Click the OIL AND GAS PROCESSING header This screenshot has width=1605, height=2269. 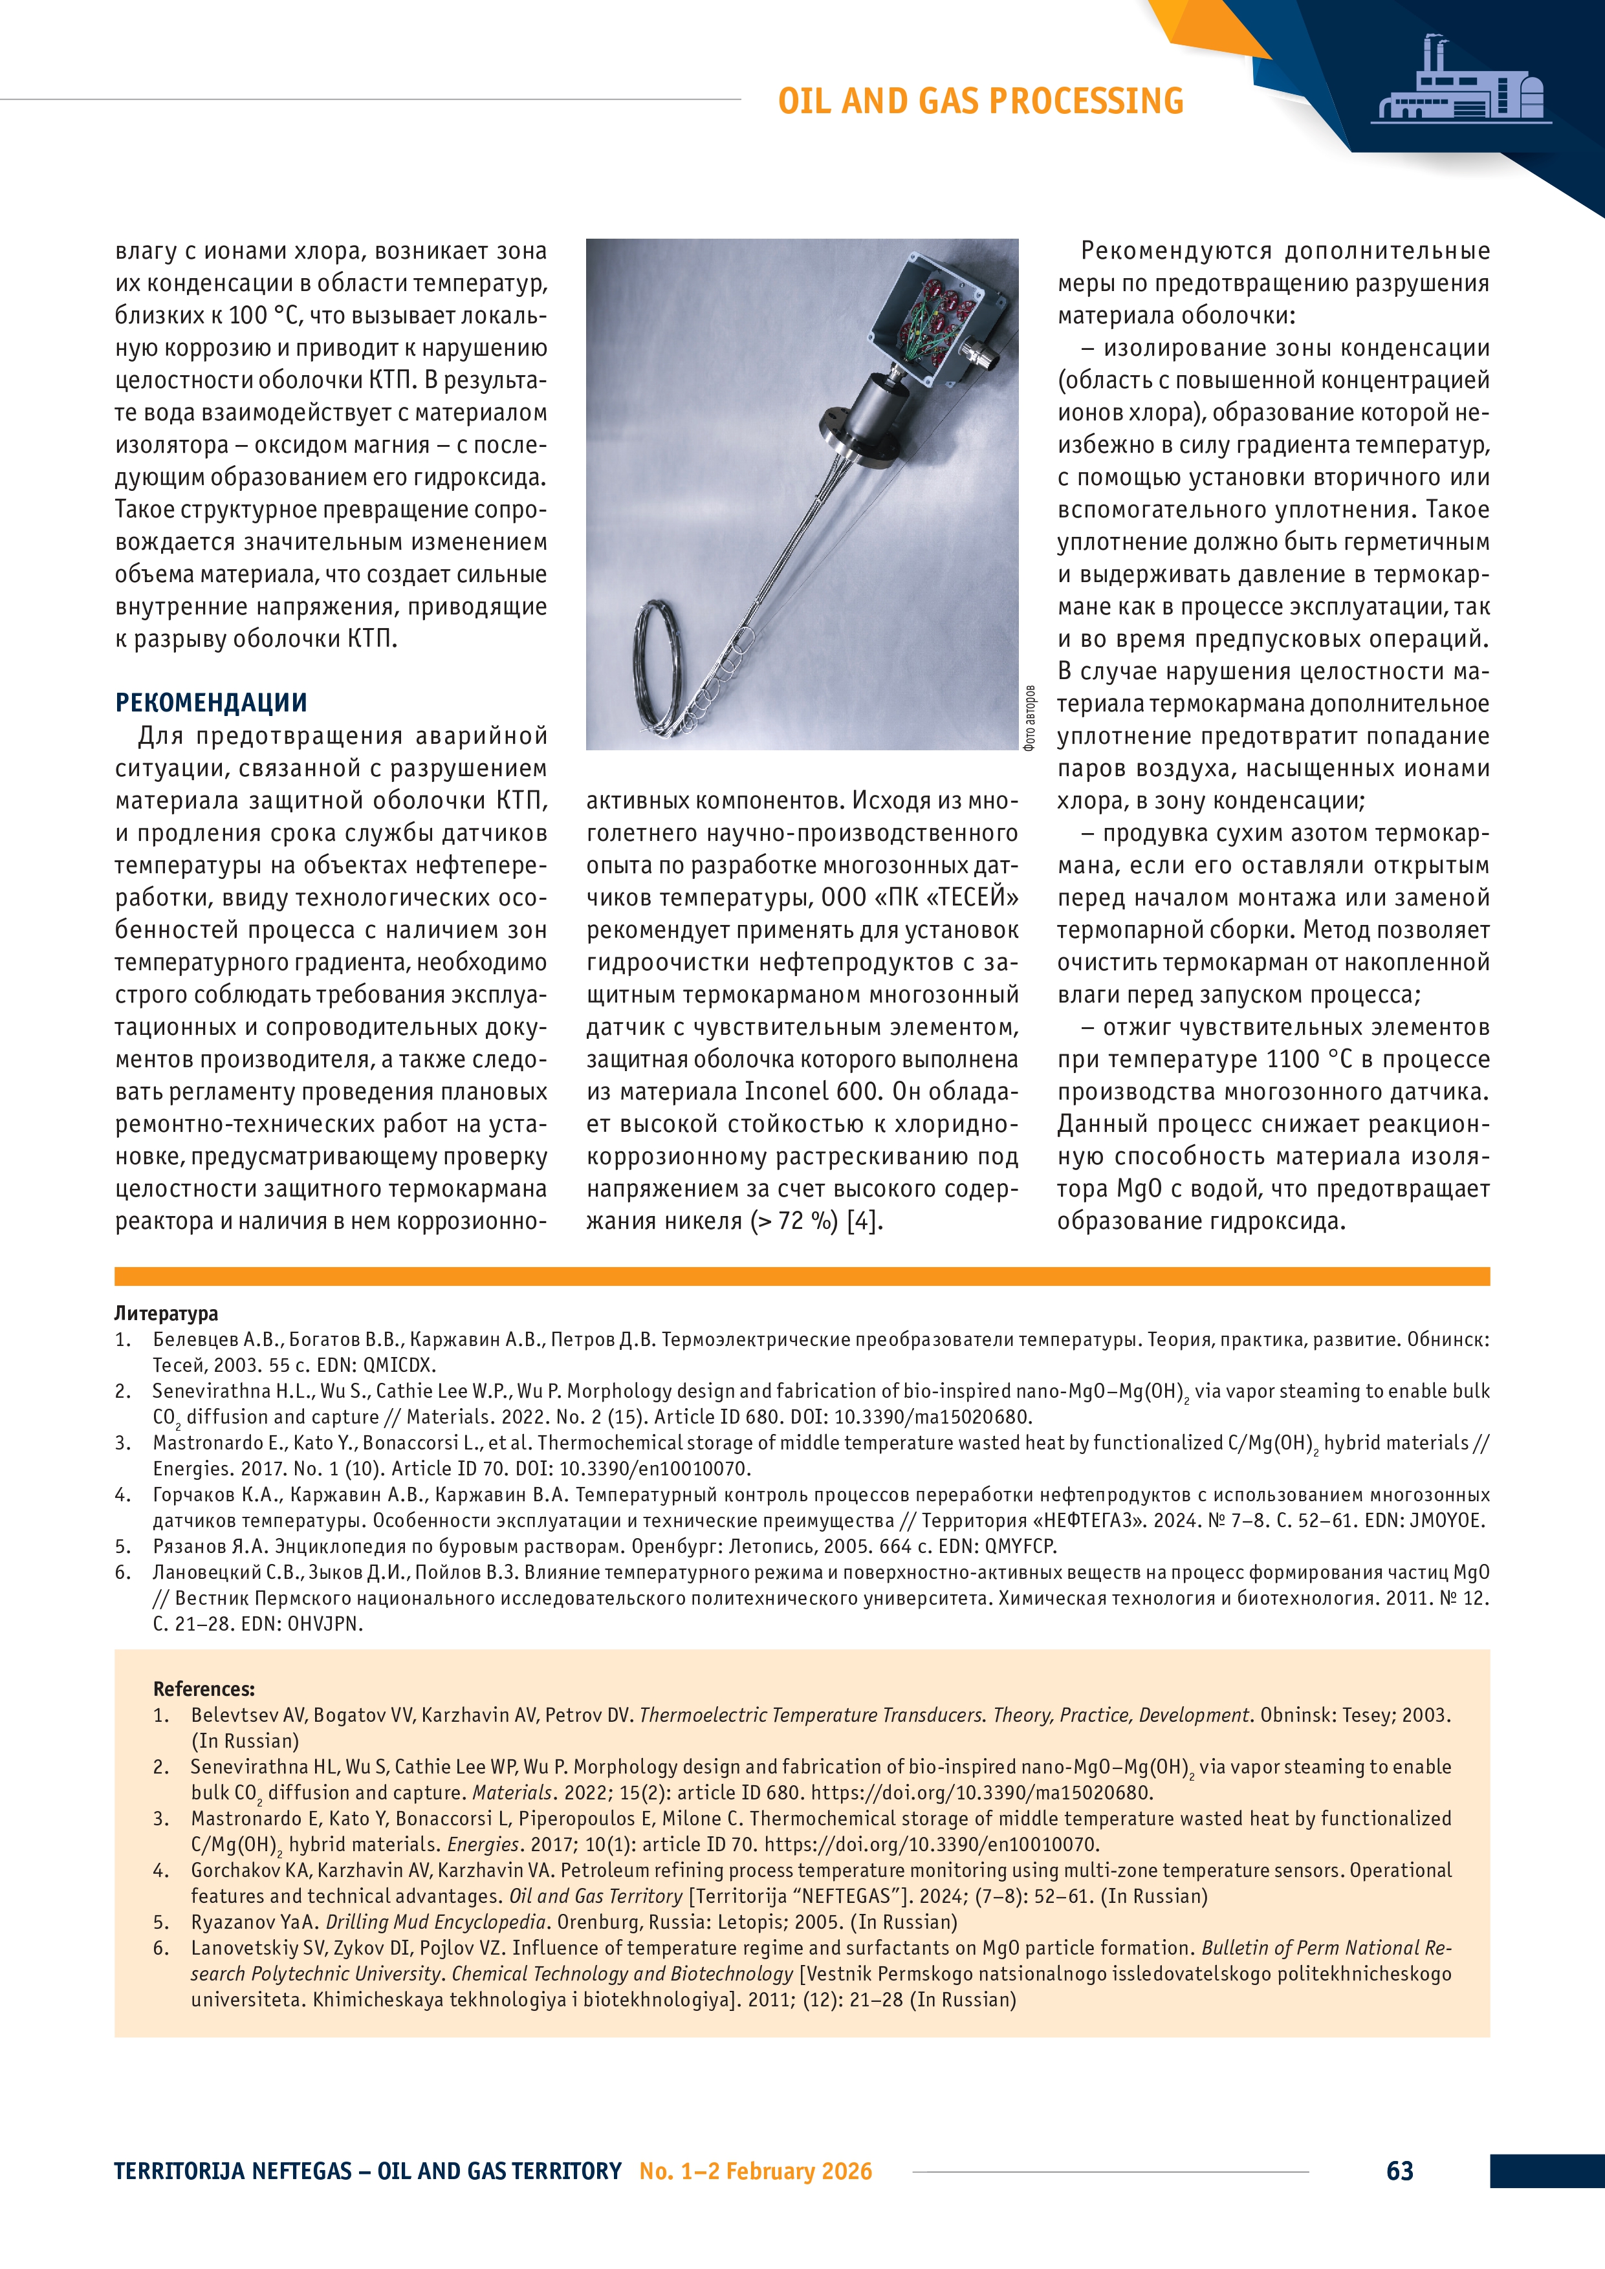point(979,101)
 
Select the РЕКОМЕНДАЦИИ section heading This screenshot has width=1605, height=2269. point(210,702)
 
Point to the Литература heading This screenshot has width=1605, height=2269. point(166,1314)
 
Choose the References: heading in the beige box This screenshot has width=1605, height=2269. point(204,1689)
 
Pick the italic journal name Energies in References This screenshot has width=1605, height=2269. point(483,1844)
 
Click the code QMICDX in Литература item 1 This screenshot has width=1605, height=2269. point(399,1365)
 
